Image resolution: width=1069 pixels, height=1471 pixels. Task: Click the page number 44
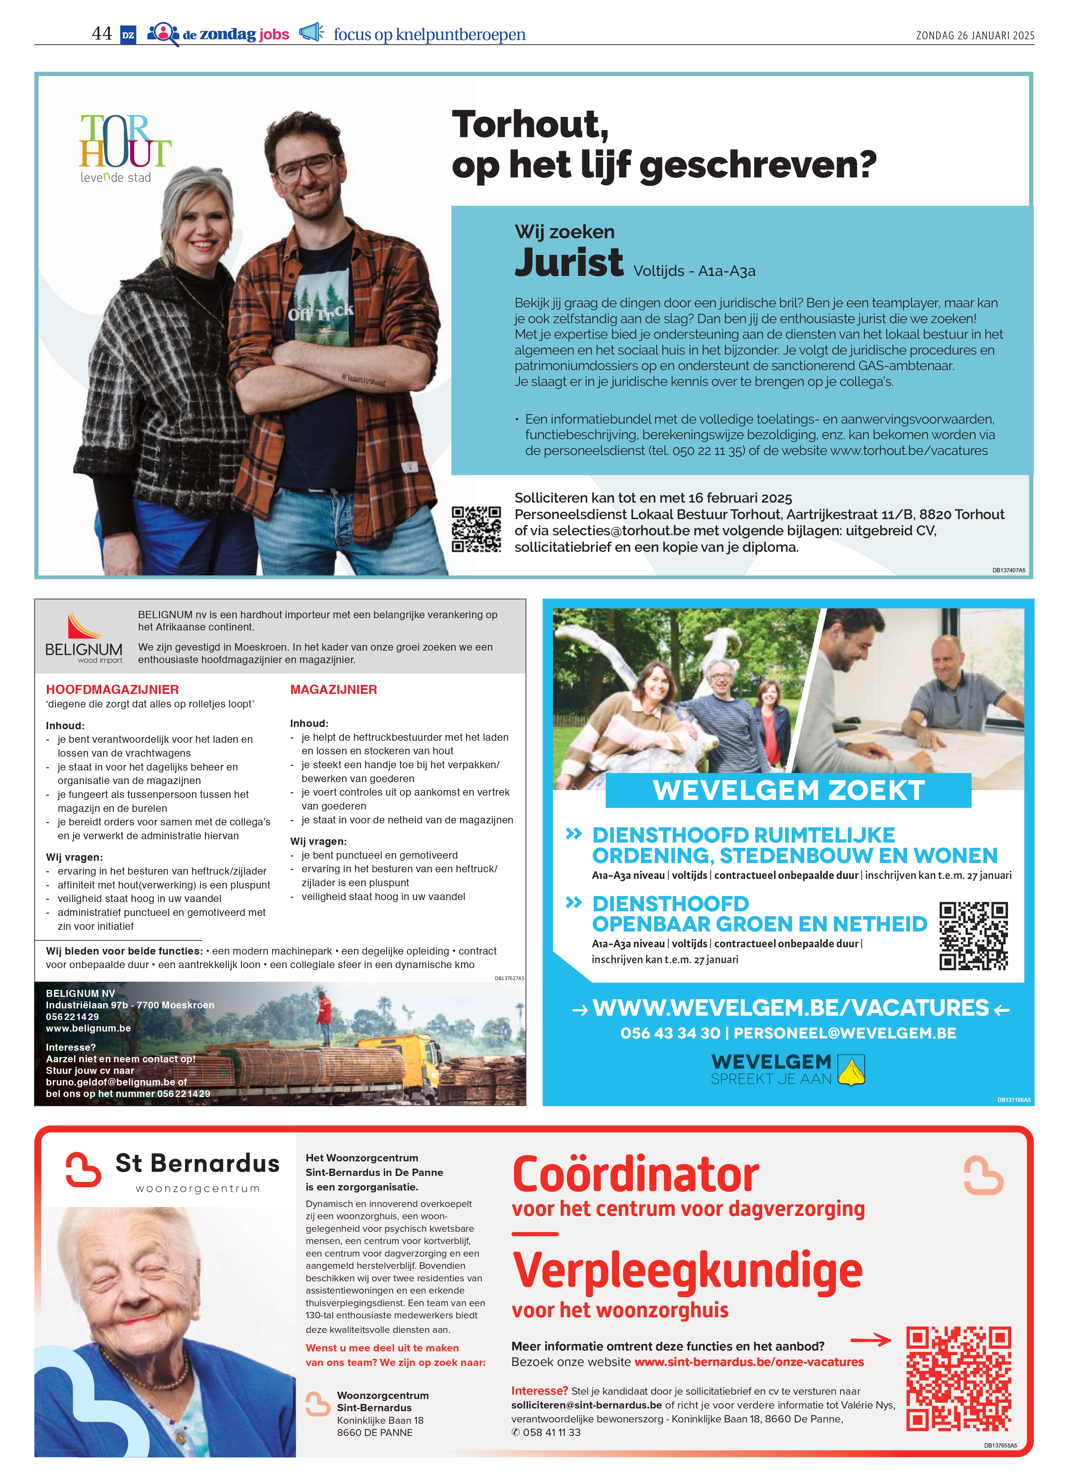click(102, 34)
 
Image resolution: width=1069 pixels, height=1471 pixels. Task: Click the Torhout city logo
click(125, 148)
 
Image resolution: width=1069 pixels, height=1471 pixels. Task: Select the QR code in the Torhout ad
click(476, 529)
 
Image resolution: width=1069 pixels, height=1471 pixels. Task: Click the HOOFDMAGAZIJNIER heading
click(112, 690)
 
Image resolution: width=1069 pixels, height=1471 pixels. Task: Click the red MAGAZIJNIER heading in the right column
click(334, 690)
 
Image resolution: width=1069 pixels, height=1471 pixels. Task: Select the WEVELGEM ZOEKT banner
click(788, 790)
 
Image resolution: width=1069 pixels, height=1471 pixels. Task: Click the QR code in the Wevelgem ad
click(973, 935)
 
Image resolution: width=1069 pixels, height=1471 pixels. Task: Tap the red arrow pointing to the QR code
click(871, 1339)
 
